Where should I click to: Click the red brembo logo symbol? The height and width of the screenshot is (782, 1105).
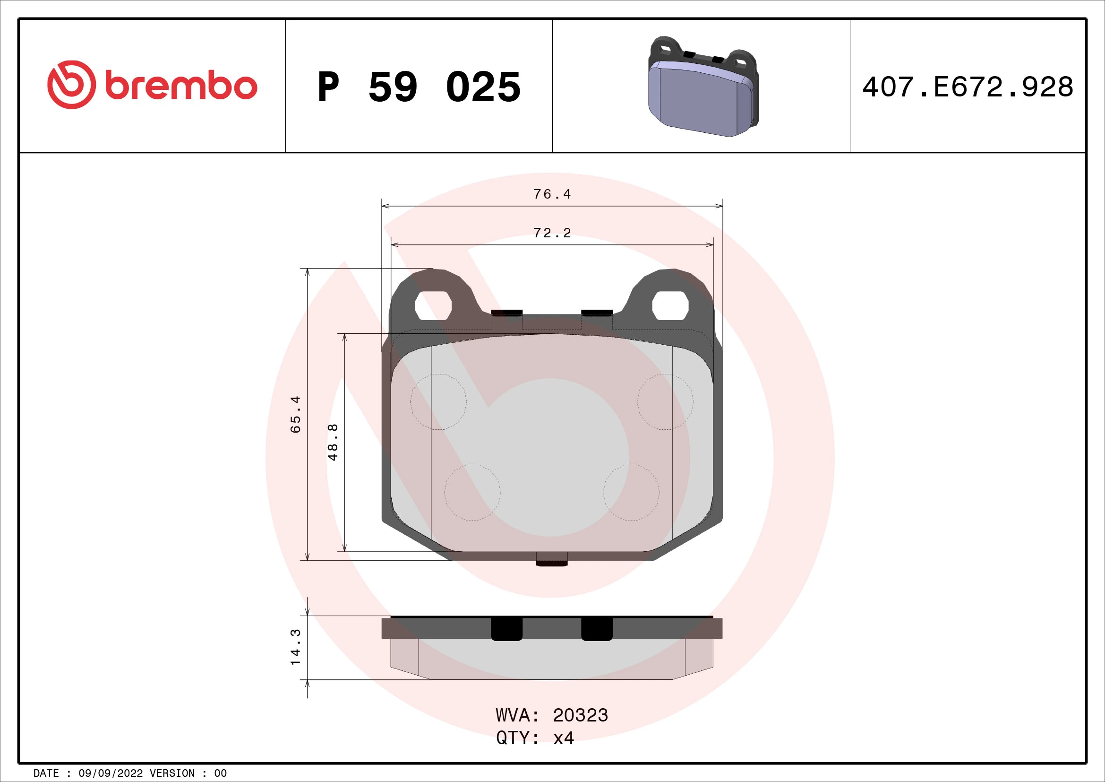(x=71, y=85)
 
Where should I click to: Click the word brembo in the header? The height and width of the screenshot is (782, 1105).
(x=181, y=86)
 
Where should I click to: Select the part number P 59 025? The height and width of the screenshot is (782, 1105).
(x=419, y=87)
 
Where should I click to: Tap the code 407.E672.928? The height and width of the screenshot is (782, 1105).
(x=968, y=87)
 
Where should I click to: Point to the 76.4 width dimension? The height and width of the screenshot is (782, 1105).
(x=552, y=194)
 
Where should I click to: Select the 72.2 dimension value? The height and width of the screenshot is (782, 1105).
(x=552, y=233)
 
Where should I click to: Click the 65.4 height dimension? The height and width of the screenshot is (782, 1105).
(x=295, y=414)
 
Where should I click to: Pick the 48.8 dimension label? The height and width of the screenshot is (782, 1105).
(x=333, y=442)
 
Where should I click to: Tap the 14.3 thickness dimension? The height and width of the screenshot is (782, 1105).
(x=295, y=647)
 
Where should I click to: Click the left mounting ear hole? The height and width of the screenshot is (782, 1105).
(x=433, y=305)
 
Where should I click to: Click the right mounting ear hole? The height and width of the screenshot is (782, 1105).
(x=670, y=305)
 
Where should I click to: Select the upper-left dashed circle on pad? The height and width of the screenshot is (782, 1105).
(x=438, y=401)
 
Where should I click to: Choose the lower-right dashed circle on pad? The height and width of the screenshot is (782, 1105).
(x=631, y=492)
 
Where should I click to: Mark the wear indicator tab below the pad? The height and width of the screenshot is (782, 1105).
(x=551, y=559)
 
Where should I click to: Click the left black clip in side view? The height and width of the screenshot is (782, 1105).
(x=506, y=629)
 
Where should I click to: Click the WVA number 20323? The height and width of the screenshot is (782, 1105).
(x=581, y=715)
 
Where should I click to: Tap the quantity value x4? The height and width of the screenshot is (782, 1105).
(x=564, y=738)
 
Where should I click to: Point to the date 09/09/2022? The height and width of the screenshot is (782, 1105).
(x=111, y=773)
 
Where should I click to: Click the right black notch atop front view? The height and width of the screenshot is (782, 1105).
(x=597, y=313)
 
